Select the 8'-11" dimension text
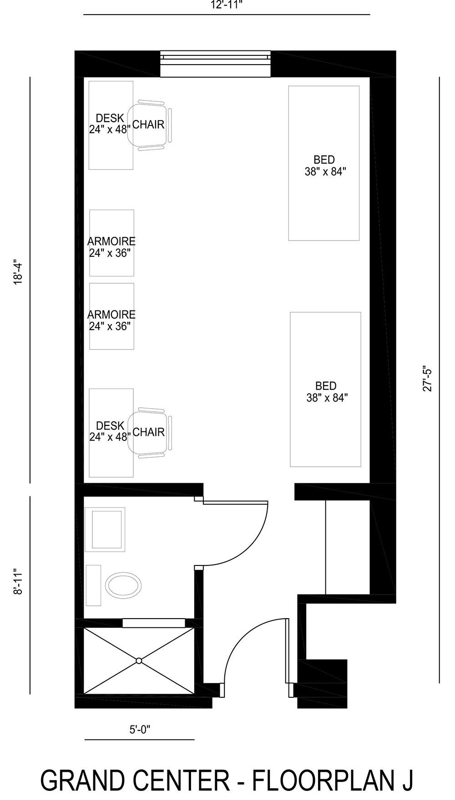click(x=18, y=581)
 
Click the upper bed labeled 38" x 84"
click(x=324, y=163)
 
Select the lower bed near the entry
click(x=326, y=389)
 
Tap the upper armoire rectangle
click(x=111, y=243)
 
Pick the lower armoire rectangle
click(x=111, y=316)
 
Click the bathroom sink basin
click(x=107, y=530)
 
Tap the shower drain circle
click(x=139, y=660)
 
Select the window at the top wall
click(x=215, y=64)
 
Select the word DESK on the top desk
click(x=110, y=118)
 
